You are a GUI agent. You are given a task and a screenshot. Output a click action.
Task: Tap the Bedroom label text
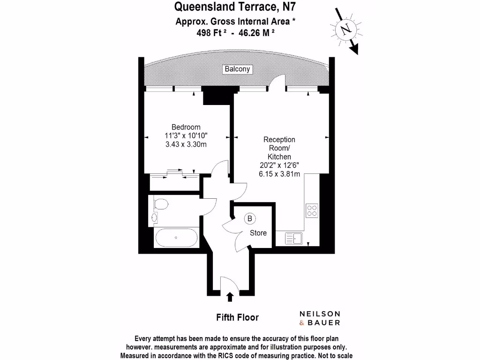(x=186, y=127)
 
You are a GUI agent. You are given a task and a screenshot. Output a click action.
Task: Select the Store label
(x=258, y=233)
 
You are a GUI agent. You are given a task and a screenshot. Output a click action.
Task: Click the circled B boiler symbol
(x=250, y=218)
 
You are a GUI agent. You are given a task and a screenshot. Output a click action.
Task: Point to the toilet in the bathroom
(x=161, y=204)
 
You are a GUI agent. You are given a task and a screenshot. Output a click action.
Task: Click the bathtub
(x=176, y=238)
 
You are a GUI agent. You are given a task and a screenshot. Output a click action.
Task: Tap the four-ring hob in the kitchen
(x=312, y=210)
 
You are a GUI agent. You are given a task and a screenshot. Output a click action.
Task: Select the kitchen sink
(x=294, y=238)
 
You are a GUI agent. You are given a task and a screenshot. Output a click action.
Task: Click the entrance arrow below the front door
(x=230, y=297)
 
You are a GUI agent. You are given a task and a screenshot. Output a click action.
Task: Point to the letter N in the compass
(x=346, y=30)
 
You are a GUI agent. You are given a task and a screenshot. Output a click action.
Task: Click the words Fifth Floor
(x=237, y=317)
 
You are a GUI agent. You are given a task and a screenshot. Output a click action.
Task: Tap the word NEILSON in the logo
(x=320, y=314)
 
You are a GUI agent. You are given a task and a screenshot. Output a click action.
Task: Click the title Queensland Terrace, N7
(x=235, y=7)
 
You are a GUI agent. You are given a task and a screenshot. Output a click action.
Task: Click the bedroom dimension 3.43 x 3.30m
(x=186, y=144)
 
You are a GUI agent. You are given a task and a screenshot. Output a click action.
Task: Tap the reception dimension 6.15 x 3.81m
(x=279, y=173)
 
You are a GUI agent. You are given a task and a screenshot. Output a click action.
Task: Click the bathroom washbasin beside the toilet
(x=155, y=217)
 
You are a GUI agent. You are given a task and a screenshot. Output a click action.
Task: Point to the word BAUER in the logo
(x=325, y=322)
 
